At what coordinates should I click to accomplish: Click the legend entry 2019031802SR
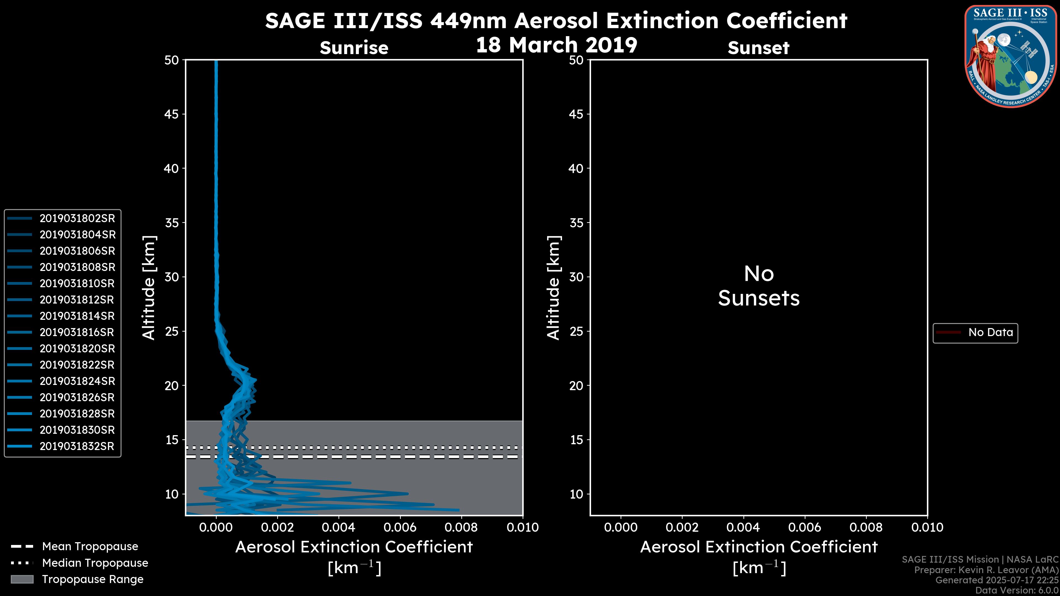pos(77,219)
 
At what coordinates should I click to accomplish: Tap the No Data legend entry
pos(990,332)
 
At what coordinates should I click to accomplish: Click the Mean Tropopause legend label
pos(90,547)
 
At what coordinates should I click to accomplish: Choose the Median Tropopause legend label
pos(95,563)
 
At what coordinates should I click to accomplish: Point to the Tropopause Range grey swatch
pos(22,579)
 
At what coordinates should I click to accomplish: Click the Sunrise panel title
pos(354,48)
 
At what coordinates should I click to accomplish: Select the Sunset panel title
pos(758,48)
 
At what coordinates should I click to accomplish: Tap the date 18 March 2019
pos(556,45)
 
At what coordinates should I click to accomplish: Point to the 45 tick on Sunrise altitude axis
pos(172,114)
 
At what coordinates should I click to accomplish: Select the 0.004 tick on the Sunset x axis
pos(743,527)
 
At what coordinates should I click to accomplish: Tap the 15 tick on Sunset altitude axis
pos(576,440)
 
